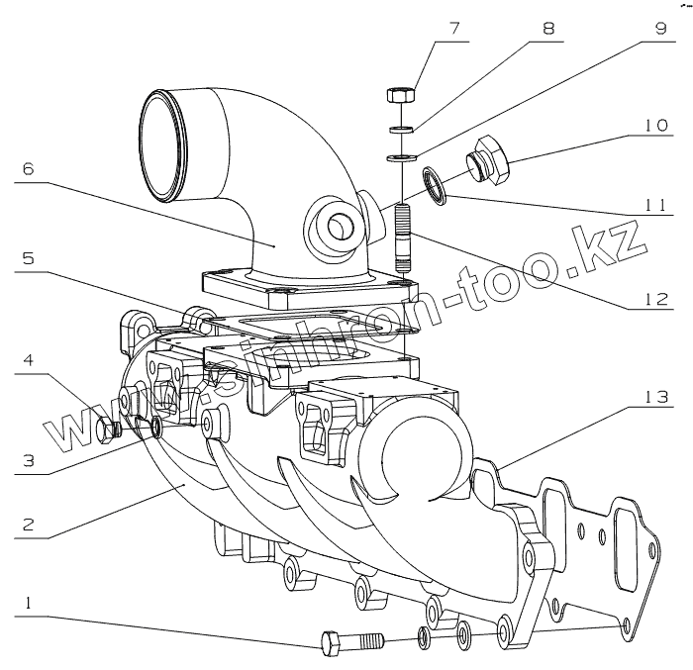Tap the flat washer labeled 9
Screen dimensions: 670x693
pyautogui.click(x=400, y=157)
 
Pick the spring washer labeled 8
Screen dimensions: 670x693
pyautogui.click(x=400, y=130)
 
